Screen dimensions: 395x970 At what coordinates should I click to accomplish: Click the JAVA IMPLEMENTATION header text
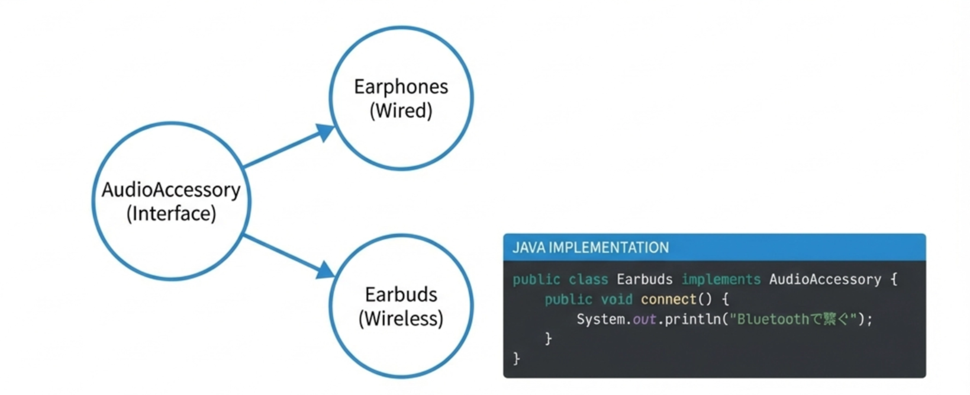point(591,248)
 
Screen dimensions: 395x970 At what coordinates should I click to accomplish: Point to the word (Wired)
point(401,111)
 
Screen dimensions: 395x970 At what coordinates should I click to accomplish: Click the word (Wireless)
point(401,319)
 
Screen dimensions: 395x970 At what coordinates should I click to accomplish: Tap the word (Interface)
point(171,213)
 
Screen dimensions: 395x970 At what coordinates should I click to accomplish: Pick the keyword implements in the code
point(721,280)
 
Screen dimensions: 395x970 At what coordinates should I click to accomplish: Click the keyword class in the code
point(588,280)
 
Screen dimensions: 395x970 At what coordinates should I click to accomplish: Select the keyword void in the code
point(617,300)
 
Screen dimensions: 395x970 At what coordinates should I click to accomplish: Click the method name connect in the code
point(668,300)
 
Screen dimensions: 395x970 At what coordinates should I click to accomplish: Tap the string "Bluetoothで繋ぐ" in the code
point(793,320)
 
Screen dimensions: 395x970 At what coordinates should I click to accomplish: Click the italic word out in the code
point(644,320)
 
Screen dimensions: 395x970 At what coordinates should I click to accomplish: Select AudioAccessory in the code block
point(825,280)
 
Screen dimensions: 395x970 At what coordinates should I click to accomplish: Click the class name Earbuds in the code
point(644,280)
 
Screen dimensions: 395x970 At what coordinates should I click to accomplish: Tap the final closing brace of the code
point(517,358)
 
